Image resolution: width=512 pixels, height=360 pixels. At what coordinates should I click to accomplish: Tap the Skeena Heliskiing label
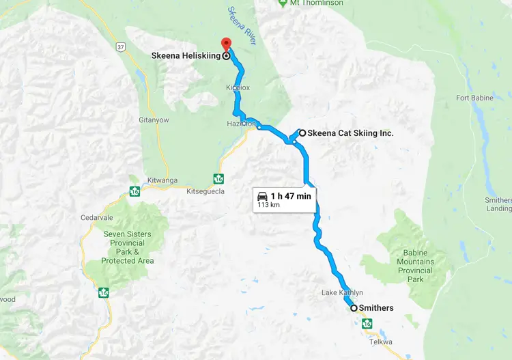click(185, 57)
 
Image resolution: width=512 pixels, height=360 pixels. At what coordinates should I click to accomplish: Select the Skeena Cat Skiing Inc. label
click(351, 133)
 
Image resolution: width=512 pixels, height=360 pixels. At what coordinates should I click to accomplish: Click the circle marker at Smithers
click(354, 308)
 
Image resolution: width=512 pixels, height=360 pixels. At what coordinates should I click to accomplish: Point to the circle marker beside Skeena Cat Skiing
click(302, 133)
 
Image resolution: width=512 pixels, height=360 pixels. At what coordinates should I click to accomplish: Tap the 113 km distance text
click(269, 204)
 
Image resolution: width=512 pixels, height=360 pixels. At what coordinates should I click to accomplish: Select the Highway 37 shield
click(120, 46)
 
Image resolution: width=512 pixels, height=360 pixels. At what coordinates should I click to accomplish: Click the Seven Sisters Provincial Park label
click(127, 247)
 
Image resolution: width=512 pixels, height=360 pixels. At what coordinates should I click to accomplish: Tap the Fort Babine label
click(474, 98)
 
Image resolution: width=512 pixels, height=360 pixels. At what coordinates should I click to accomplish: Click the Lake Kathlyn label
click(341, 293)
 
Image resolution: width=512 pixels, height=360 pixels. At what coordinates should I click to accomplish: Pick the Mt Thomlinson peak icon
click(283, 3)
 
